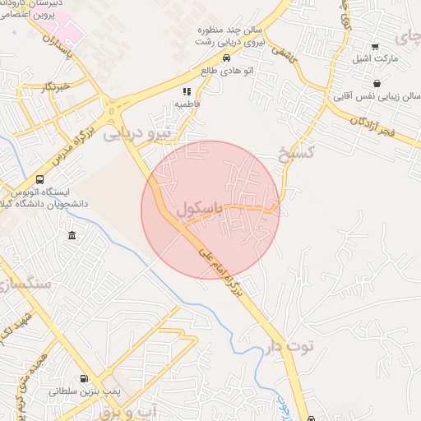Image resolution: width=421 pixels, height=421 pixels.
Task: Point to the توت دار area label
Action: tap(289, 346)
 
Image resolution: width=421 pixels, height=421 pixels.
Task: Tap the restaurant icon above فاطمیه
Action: tap(187, 91)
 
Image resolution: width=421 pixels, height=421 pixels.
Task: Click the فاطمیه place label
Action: tap(187, 104)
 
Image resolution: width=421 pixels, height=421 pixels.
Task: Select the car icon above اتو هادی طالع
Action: tap(227, 58)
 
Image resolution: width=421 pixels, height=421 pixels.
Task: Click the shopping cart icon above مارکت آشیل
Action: tap(375, 46)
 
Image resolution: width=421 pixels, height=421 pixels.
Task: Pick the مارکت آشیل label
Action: tap(375, 59)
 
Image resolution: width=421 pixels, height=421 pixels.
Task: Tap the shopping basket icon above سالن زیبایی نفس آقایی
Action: tap(377, 83)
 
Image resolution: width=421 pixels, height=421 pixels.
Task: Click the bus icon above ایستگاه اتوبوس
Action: tap(39, 180)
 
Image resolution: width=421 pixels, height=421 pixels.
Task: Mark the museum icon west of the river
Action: tap(72, 237)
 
